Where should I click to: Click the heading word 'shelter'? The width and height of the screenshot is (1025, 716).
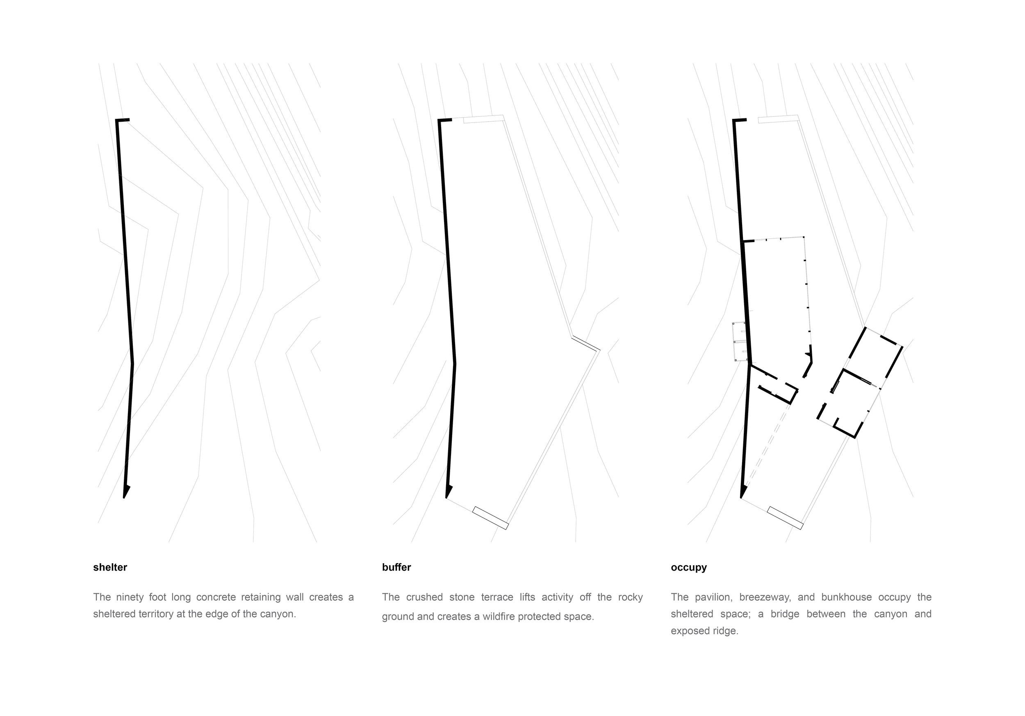click(x=110, y=567)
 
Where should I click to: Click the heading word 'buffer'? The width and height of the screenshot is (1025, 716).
click(x=396, y=567)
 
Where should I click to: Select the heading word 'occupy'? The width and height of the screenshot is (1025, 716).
click(x=689, y=568)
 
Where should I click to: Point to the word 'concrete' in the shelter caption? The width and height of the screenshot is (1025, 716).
click(x=216, y=597)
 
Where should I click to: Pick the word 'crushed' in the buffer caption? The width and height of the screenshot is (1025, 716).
click(x=424, y=597)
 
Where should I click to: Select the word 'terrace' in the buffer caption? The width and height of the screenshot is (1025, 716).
click(x=497, y=597)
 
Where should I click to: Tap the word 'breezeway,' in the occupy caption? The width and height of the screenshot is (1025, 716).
click(x=765, y=597)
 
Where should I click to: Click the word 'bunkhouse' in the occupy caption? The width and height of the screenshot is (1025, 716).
click(x=846, y=597)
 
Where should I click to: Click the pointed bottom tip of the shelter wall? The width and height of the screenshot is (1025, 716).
click(x=124, y=498)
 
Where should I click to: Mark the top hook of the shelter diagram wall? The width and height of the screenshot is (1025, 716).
click(x=122, y=120)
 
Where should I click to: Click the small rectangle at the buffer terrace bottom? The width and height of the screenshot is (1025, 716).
click(x=491, y=518)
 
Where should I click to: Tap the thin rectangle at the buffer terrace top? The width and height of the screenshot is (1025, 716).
click(x=484, y=119)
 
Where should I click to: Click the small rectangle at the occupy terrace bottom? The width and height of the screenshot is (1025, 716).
click(x=785, y=518)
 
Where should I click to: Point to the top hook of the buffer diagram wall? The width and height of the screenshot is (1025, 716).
click(x=444, y=120)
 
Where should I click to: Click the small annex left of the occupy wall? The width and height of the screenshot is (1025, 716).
click(x=740, y=341)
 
